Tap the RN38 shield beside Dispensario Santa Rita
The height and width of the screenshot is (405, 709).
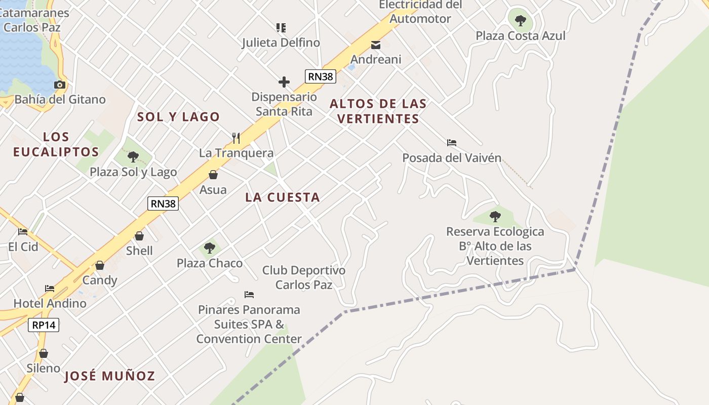pyautogui.click(x=321, y=76)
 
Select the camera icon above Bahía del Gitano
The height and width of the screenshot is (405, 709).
pyautogui.click(x=60, y=85)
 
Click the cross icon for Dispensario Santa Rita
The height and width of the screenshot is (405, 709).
pyautogui.click(x=284, y=82)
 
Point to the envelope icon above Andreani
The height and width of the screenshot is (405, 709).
pyautogui.click(x=376, y=45)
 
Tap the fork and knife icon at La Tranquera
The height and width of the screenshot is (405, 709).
pyautogui.click(x=236, y=138)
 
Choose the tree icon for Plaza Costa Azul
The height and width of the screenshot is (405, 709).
pyautogui.click(x=520, y=21)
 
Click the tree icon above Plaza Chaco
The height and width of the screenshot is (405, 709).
pyautogui.click(x=210, y=248)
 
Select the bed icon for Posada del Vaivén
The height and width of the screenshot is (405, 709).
pyautogui.click(x=452, y=143)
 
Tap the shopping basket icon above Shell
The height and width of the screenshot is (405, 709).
pyautogui.click(x=139, y=236)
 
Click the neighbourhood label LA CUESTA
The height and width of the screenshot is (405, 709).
pyautogui.click(x=283, y=197)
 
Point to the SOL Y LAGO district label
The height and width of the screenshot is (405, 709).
pyautogui.click(x=179, y=117)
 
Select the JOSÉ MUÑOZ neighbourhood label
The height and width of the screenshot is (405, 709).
pyautogui.click(x=109, y=376)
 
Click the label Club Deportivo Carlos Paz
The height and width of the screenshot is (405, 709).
pyautogui.click(x=304, y=277)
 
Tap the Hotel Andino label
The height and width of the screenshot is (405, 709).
pyautogui.click(x=50, y=303)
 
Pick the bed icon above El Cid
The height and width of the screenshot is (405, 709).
pyautogui.click(x=23, y=232)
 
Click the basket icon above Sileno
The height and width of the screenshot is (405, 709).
pyautogui.click(x=44, y=353)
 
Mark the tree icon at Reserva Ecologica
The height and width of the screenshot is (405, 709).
pyautogui.click(x=495, y=217)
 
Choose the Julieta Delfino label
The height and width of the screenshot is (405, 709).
pyautogui.click(x=281, y=43)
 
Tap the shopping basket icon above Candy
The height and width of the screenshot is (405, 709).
pyautogui.click(x=100, y=265)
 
